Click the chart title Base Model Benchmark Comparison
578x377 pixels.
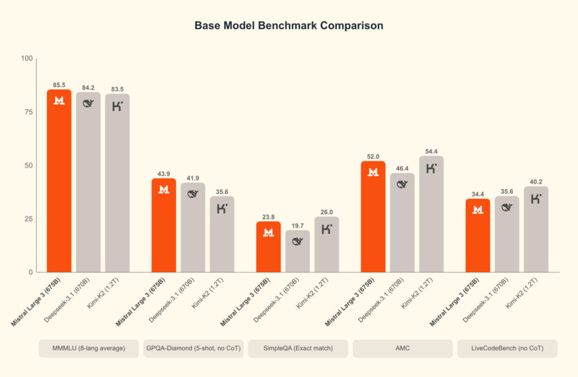click(288, 26)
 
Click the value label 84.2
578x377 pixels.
click(88, 87)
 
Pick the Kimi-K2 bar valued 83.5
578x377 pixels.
click(117, 186)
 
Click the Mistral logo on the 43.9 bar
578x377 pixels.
click(164, 190)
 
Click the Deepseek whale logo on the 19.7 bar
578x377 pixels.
click(297, 242)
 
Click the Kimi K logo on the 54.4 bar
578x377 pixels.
click(431, 168)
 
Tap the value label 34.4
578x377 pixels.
click(478, 194)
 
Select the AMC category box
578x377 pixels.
click(402, 349)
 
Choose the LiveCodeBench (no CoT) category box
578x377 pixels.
click(507, 349)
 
